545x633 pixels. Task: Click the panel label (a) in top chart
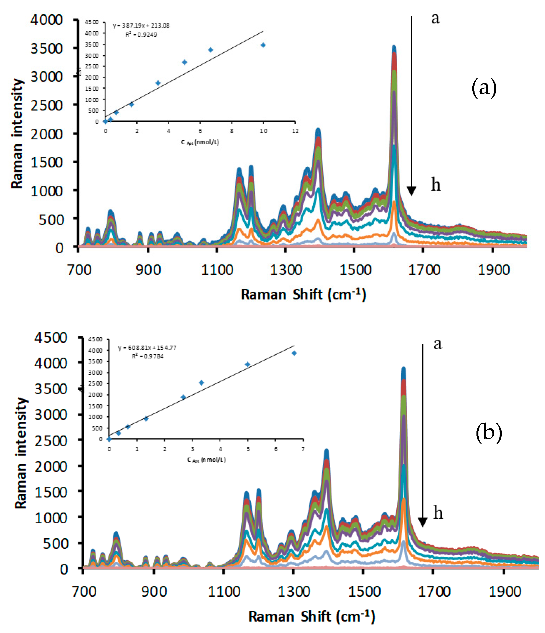(x=484, y=88)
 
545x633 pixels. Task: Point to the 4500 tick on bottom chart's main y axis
(x=51, y=338)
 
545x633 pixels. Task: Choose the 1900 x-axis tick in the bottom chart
(x=505, y=592)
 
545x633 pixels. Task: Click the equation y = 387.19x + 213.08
(x=141, y=26)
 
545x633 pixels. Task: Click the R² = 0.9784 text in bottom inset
(x=148, y=356)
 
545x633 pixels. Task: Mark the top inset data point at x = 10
(x=263, y=45)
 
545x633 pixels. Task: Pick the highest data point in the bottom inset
(x=294, y=353)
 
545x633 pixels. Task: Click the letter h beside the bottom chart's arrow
(x=438, y=513)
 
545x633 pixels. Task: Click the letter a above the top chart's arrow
(x=435, y=18)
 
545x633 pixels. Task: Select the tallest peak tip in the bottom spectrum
(x=403, y=369)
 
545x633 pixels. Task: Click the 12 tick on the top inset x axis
(x=295, y=131)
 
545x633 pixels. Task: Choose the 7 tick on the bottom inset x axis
(x=303, y=449)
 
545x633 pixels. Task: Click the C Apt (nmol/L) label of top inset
(x=200, y=142)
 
